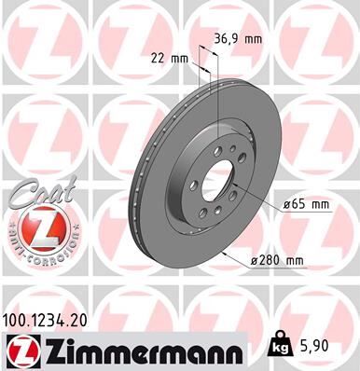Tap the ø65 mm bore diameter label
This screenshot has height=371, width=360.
click(x=305, y=204)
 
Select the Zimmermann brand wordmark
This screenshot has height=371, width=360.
click(x=132, y=350)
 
